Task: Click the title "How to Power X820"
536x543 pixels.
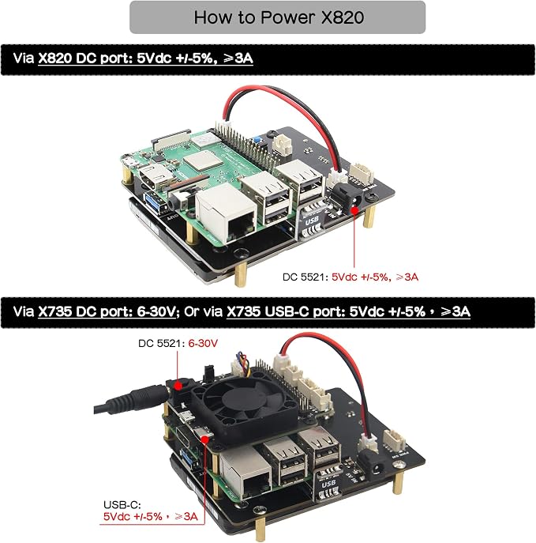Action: [279, 17]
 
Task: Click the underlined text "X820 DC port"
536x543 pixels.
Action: [85, 58]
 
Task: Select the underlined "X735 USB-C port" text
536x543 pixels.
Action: [286, 311]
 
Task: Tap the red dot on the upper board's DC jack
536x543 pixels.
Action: [354, 210]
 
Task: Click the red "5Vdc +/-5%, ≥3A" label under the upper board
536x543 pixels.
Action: [375, 277]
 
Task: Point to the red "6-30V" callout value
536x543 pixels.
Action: [203, 343]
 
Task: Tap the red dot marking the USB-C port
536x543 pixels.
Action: [204, 439]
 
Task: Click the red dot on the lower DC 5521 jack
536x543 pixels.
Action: [178, 386]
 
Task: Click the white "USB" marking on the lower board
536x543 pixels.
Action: [328, 483]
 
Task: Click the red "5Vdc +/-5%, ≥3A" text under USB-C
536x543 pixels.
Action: [151, 516]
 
